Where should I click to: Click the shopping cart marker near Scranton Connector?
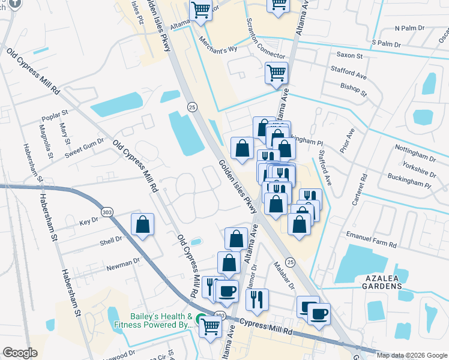(x=276, y=74)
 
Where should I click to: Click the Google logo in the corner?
(x=20, y=353)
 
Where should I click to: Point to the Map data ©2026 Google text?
(x=411, y=355)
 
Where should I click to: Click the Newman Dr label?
(x=122, y=262)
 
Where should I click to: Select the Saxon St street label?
(x=350, y=55)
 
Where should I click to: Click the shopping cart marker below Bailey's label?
(x=210, y=327)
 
